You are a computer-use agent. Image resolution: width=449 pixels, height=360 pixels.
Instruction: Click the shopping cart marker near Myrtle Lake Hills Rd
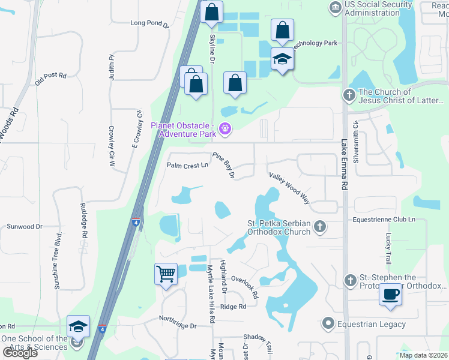[166, 274]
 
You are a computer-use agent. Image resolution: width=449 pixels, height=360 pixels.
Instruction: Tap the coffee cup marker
[391, 295]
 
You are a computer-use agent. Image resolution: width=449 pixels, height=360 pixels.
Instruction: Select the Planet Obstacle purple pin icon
[226, 128]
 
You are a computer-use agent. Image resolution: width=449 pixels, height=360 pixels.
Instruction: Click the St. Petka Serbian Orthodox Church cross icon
[321, 226]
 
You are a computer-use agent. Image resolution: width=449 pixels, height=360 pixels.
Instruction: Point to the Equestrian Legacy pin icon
[328, 324]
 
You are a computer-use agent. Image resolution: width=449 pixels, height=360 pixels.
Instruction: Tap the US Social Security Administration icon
[335, 7]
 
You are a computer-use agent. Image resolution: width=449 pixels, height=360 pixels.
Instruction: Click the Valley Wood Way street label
[289, 188]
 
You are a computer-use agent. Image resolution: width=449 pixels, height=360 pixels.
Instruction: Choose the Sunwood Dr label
[25, 227]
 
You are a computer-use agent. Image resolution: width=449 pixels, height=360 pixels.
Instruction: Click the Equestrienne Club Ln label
[384, 220]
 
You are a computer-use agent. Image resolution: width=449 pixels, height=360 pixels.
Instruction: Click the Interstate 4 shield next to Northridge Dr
[103, 329]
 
